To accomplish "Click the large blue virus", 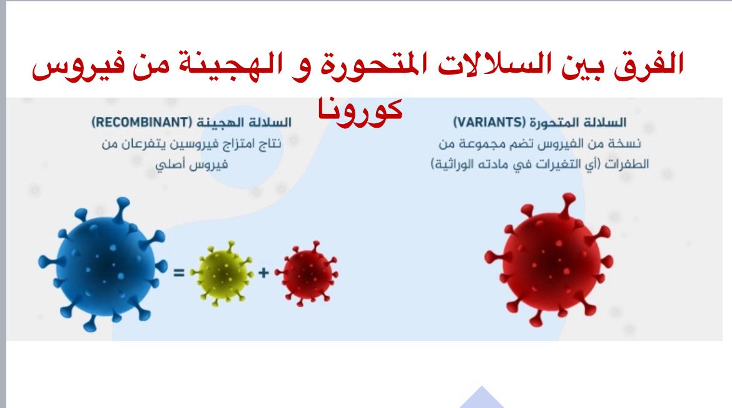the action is tap(103, 264).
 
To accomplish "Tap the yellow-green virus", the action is tap(221, 273).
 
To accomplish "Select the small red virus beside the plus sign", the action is tap(307, 273).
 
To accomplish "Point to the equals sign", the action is tap(179, 272).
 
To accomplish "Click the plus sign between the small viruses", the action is tap(264, 272).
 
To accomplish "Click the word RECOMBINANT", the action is tap(142, 122).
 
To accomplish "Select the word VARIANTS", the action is tap(490, 122).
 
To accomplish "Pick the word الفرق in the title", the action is tap(649, 64).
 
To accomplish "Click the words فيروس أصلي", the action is tap(192, 165).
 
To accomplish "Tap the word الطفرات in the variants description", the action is tap(627, 164).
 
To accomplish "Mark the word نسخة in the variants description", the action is tap(628, 143).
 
